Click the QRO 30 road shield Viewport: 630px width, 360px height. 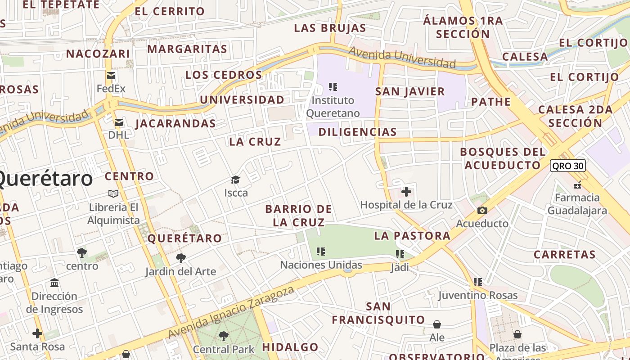click(x=568, y=166)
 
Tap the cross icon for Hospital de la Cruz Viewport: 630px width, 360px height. click(x=406, y=192)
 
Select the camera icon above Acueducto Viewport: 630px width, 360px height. click(x=482, y=211)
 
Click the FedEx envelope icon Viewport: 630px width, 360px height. click(x=111, y=76)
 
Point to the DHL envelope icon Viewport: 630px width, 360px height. click(x=118, y=122)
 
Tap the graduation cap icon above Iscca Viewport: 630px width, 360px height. click(x=236, y=180)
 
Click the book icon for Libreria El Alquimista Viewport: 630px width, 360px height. click(x=113, y=193)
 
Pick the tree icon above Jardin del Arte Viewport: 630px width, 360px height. click(x=180, y=258)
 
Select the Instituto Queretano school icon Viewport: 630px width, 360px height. click(x=333, y=86)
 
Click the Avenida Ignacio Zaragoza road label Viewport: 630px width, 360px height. click(x=231, y=312)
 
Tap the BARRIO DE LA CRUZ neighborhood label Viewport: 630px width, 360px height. click(x=299, y=216)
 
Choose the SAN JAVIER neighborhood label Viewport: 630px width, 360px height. click(x=410, y=92)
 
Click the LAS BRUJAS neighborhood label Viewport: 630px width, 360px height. click(x=330, y=28)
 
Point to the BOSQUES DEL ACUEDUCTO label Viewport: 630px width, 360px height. click(x=502, y=158)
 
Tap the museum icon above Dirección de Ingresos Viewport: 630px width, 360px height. click(x=54, y=283)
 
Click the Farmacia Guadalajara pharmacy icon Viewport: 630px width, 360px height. click(x=577, y=184)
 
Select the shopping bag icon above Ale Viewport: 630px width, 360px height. click(x=436, y=324)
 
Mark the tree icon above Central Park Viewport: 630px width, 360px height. click(x=223, y=336)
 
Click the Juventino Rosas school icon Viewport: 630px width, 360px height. click(x=477, y=282)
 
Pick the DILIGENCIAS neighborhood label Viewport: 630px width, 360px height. click(x=357, y=132)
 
